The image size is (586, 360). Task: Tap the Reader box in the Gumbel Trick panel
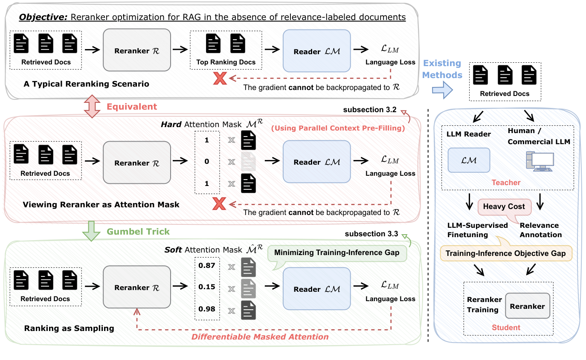point(316,289)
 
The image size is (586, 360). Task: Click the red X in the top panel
point(220,78)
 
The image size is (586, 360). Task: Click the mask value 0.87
point(206,265)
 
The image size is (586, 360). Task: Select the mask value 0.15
point(206,287)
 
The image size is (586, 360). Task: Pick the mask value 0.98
point(206,309)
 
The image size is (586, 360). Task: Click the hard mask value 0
point(206,162)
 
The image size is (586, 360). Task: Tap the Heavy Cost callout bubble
point(504,206)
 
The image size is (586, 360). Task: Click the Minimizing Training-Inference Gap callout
point(337,253)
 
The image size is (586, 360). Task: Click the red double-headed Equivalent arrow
point(92,107)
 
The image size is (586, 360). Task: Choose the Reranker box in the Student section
point(527,306)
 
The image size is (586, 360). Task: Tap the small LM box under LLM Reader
point(469,159)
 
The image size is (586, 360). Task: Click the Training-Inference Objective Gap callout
point(505,253)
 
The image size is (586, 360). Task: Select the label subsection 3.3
point(371,233)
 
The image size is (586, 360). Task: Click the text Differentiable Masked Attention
point(260,337)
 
